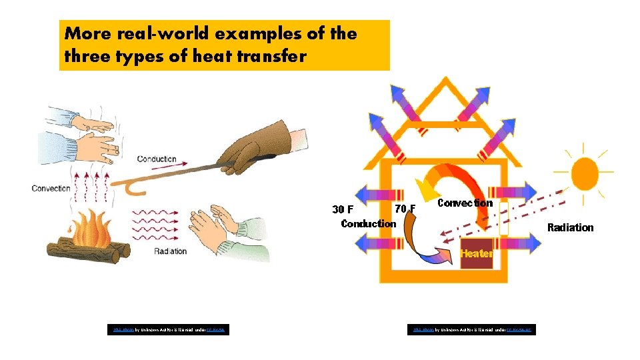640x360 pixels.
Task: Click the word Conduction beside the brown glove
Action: [x=157, y=159]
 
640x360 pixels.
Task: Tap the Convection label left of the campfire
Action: [x=51, y=188]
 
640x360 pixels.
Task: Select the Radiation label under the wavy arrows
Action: [x=170, y=251]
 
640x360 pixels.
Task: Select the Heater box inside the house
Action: [x=476, y=253]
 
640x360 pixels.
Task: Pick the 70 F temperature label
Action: [x=405, y=209]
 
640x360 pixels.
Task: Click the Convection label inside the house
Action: [x=465, y=203]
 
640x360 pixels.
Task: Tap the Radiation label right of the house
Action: [x=570, y=227]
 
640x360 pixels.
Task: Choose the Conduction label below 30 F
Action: [x=368, y=223]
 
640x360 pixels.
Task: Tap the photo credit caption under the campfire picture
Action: [x=169, y=329]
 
